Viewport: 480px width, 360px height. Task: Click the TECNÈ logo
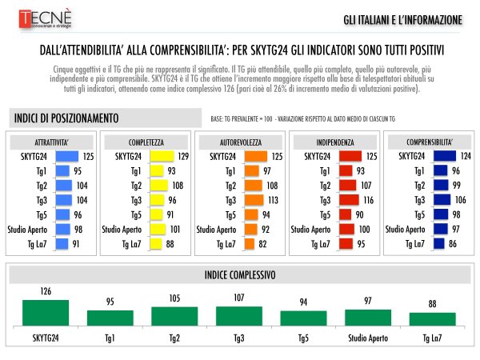(41, 18)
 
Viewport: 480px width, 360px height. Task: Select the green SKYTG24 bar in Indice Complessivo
(46, 312)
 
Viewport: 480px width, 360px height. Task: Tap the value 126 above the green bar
(46, 293)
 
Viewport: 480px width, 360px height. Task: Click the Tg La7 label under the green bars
(432, 338)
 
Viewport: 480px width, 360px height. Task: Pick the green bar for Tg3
(239, 315)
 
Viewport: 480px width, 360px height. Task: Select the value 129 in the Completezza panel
(182, 156)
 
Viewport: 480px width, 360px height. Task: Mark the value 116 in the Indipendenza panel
(368, 200)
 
